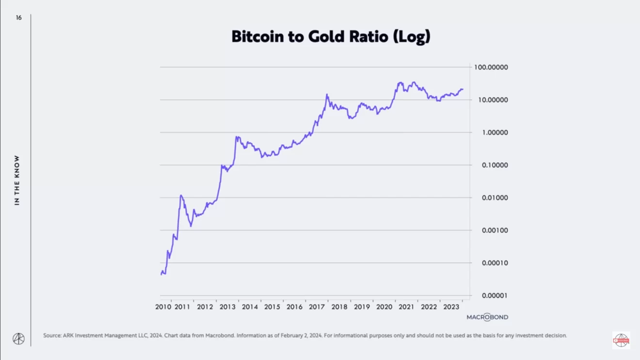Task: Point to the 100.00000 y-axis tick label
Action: [491, 67]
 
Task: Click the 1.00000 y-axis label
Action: [495, 132]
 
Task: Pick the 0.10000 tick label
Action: [495, 165]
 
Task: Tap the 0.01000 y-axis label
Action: [495, 198]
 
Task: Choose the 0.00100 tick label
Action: [495, 230]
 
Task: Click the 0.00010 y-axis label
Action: [495, 263]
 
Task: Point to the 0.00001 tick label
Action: [495, 296]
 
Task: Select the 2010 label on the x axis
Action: [163, 307]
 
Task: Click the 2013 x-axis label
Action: [227, 307]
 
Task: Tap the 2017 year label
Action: [317, 307]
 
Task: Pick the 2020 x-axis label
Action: [384, 307]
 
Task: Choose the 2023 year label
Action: [451, 307]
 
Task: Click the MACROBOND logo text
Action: [487, 317]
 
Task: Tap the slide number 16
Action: [18, 18]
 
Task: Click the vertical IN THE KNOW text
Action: [17, 180]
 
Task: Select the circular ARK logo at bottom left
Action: [18, 338]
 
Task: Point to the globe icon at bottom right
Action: [621, 340]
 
